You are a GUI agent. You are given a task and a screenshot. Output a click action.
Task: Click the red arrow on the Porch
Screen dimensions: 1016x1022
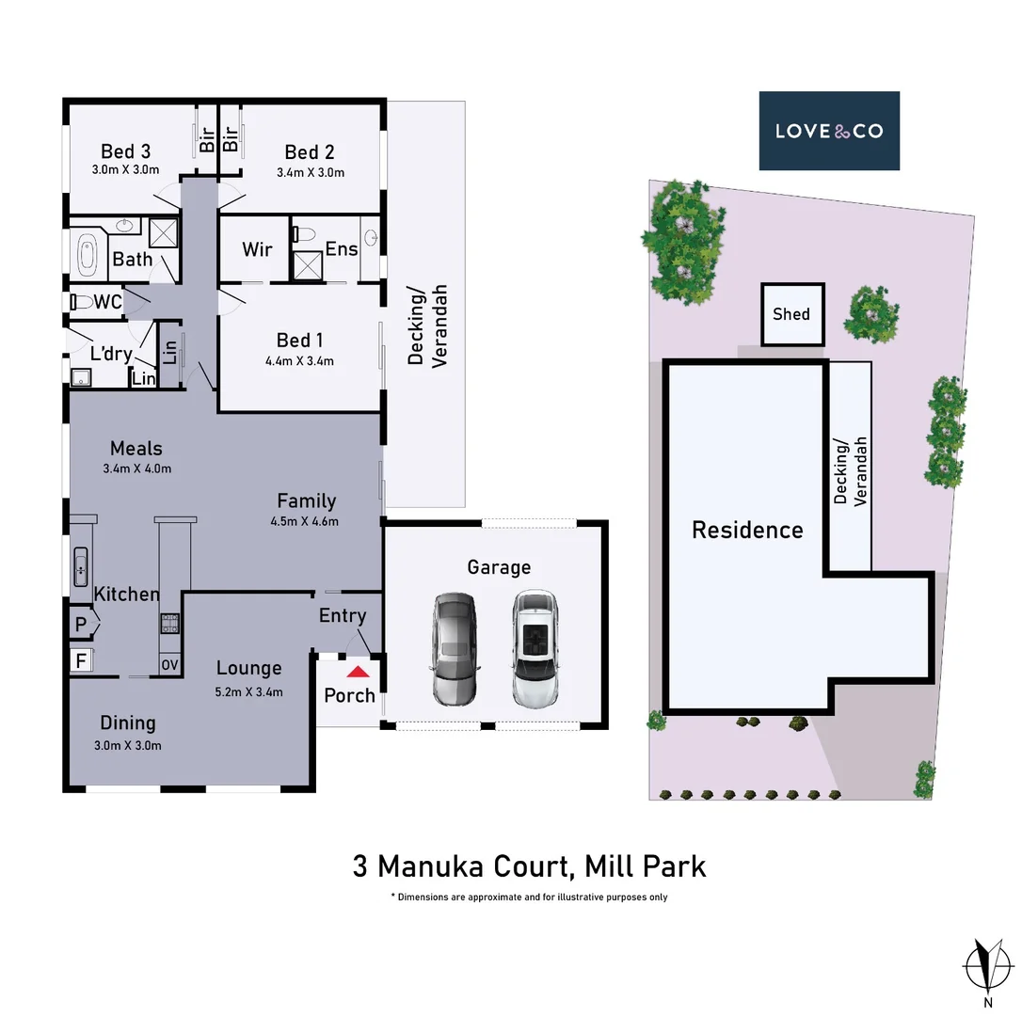click(x=358, y=672)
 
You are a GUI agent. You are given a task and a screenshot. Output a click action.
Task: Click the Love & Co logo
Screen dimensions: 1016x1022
click(x=829, y=131)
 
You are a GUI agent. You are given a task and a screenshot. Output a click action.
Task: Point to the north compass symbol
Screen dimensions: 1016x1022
click(x=987, y=965)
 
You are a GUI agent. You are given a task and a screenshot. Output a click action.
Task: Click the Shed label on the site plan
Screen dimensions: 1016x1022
click(x=791, y=314)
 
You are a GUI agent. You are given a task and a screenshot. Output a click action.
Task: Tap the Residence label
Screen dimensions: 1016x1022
click(x=747, y=530)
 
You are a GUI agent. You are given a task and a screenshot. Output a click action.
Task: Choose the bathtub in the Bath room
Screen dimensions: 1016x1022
click(x=88, y=253)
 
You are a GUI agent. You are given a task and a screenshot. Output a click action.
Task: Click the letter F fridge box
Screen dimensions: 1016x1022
click(x=80, y=660)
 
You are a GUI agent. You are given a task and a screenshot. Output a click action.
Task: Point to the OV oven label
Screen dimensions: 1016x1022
click(x=169, y=665)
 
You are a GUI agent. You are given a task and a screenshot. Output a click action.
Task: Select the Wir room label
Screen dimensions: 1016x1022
click(x=257, y=249)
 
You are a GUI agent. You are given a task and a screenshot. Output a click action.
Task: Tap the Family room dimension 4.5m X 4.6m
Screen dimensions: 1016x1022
click(x=306, y=521)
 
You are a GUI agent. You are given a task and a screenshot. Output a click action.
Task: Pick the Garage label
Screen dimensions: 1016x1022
click(x=499, y=566)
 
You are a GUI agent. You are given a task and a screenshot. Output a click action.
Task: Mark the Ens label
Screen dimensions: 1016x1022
click(x=342, y=248)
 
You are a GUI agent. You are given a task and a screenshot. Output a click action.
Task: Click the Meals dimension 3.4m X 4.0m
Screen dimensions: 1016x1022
click(x=136, y=468)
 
